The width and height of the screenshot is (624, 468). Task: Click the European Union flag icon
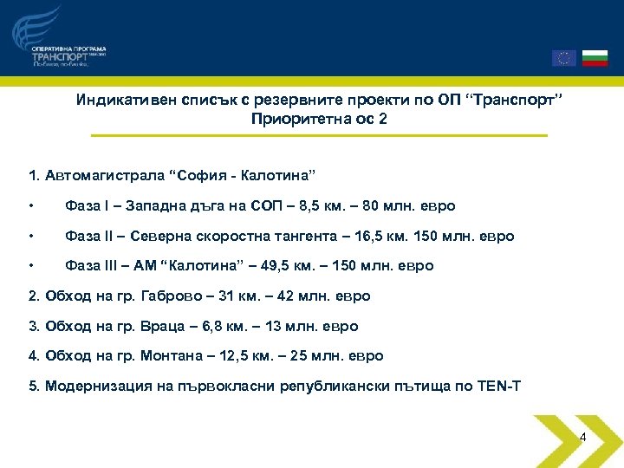coord(563,58)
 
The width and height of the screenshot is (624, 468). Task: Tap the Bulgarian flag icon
coord(595,58)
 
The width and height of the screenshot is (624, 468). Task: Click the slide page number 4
coord(582,438)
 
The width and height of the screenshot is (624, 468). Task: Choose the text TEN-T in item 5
coord(499,385)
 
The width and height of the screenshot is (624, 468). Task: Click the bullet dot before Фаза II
coord(31,237)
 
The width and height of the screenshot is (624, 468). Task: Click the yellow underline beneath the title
coord(318,135)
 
